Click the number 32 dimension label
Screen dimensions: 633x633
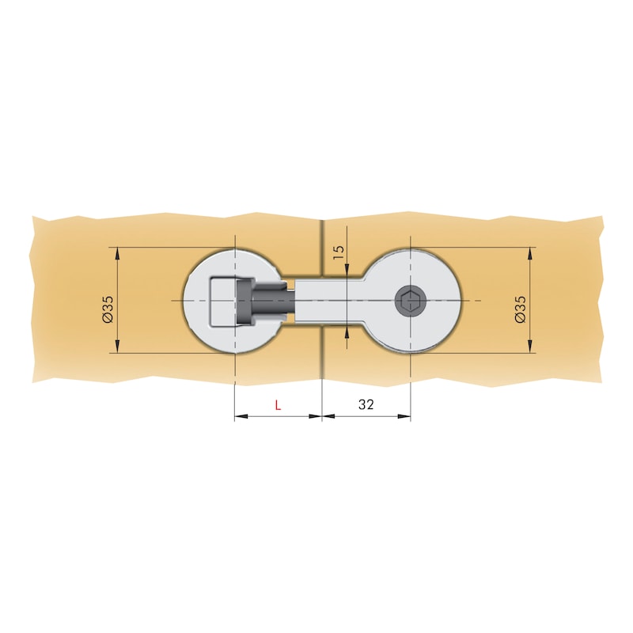[366, 404]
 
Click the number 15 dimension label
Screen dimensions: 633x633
[339, 252]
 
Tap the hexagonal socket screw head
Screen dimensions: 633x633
[410, 301]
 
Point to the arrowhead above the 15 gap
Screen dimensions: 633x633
[347, 270]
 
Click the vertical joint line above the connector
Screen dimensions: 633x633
[322, 245]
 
